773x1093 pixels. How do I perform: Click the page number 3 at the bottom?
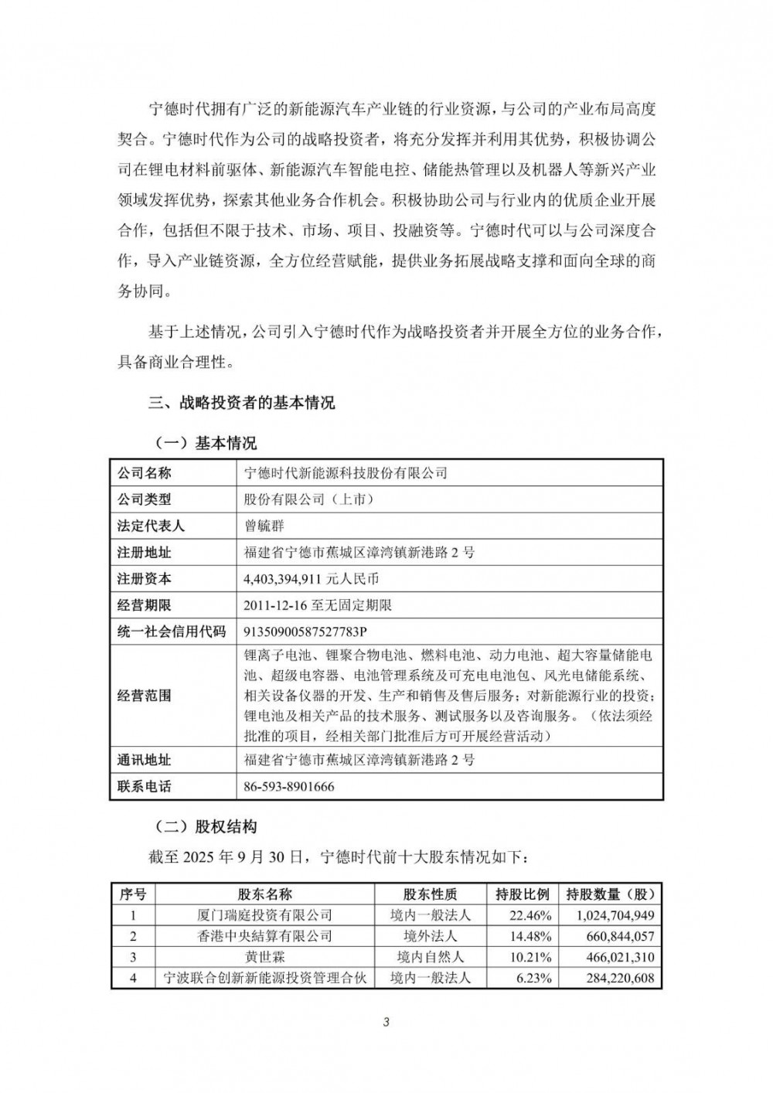pyautogui.click(x=386, y=1023)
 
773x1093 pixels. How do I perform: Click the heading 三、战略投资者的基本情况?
pyautogui.click(x=241, y=403)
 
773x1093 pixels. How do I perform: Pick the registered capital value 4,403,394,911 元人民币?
pyautogui.click(x=311, y=578)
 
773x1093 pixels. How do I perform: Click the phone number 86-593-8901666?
pyautogui.click(x=289, y=787)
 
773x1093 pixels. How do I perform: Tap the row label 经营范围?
pyautogui.click(x=144, y=695)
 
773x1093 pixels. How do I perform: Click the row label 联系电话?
pyautogui.click(x=144, y=787)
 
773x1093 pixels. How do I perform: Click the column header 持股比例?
pyautogui.click(x=523, y=894)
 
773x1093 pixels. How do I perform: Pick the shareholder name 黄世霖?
pyautogui.click(x=265, y=957)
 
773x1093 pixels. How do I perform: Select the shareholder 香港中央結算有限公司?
pyautogui.click(x=265, y=936)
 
